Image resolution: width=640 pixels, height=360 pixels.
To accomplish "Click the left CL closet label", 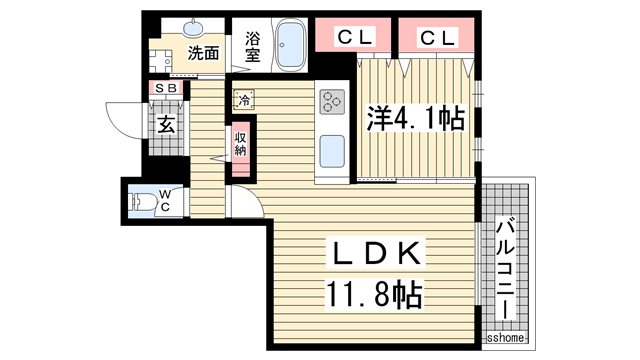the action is tap(355, 38).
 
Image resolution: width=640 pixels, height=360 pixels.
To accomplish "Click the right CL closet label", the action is tap(437, 38).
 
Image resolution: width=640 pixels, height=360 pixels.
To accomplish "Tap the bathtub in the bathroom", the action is tap(290, 45).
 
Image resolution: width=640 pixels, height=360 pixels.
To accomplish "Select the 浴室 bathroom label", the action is tap(253, 47).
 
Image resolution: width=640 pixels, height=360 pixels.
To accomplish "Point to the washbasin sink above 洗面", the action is tap(193, 28).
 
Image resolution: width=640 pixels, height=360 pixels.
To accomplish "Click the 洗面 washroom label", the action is tap(203, 53).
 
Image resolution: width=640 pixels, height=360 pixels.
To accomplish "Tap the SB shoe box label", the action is tap(167, 88).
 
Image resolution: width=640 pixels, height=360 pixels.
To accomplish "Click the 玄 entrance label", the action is tap(167, 124).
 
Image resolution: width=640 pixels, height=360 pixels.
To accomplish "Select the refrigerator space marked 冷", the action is tap(244, 100).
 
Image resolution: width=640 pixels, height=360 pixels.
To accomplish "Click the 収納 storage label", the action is tap(240, 144).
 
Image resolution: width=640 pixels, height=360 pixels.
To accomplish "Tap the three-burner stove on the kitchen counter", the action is tap(332, 102).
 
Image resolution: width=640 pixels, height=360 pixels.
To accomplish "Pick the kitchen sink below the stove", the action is tap(332, 151).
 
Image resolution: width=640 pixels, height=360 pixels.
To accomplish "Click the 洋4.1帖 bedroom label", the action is tap(416, 118).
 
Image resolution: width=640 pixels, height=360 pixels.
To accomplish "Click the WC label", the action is tap(164, 200).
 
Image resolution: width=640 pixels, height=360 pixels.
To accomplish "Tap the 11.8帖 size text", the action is tap(373, 294).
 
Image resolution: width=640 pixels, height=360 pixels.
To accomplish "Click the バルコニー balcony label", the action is tap(505, 269).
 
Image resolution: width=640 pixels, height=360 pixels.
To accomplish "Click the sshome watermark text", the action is tap(505, 338).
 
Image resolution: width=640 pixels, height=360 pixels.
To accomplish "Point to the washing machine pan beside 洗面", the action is tap(161, 61).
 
